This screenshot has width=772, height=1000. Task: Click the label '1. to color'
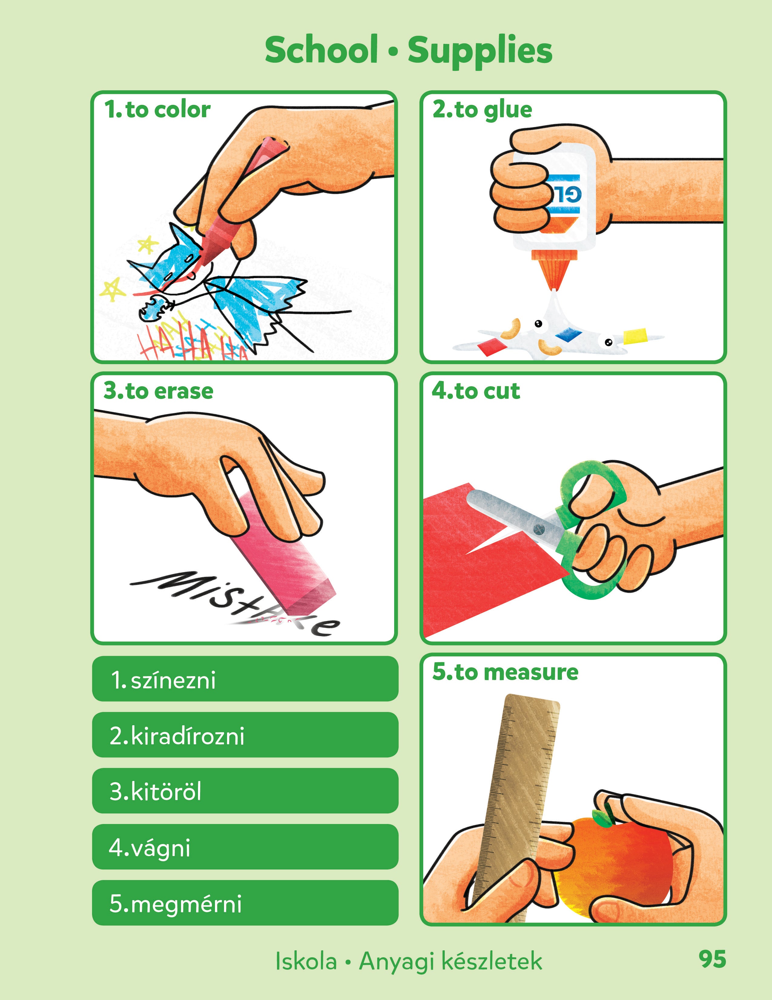coord(157,110)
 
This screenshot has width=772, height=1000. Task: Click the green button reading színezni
coord(245,679)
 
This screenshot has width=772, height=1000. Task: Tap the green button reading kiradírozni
coord(245,735)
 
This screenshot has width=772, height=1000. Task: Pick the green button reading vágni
coord(245,847)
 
